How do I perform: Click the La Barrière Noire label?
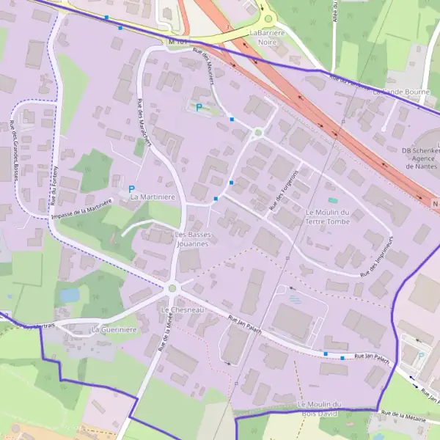tap(268, 37)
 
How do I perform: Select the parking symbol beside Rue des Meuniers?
tap(198, 107)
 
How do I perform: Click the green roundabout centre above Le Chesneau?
tap(172, 288)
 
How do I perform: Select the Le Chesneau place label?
tap(181, 310)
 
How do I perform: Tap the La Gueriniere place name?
tap(114, 330)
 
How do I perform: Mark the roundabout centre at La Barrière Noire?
tap(268, 20)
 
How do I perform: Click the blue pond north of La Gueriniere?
tap(70, 295)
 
